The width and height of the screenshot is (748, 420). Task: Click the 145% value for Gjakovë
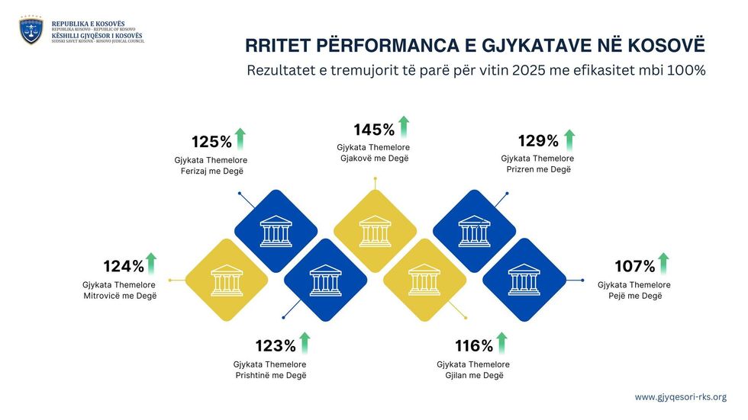pyautogui.click(x=374, y=130)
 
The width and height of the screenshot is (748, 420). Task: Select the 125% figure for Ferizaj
pyautogui.click(x=211, y=142)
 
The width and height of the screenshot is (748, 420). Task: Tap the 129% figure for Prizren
pyautogui.click(x=538, y=141)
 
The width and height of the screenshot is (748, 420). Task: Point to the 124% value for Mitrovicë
pyautogui.click(x=124, y=267)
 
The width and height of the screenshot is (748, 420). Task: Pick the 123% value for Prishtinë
pyautogui.click(x=276, y=345)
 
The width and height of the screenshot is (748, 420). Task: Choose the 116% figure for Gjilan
pyautogui.click(x=474, y=345)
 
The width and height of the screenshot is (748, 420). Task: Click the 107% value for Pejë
pyautogui.click(x=635, y=267)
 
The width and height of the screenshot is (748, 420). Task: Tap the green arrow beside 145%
pyautogui.click(x=404, y=126)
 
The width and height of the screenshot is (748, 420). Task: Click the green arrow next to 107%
pyautogui.click(x=663, y=263)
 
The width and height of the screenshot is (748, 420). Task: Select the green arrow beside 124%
pyautogui.click(x=151, y=263)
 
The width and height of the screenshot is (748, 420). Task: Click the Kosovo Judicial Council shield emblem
pyautogui.click(x=31, y=31)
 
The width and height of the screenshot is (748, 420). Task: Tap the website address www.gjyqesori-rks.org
pyautogui.click(x=680, y=397)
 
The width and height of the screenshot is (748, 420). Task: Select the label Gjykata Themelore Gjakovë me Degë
pyautogui.click(x=374, y=152)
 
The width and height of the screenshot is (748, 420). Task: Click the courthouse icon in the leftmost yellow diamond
pyautogui.click(x=227, y=280)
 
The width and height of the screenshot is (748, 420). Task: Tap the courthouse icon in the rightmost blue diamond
pyautogui.click(x=524, y=280)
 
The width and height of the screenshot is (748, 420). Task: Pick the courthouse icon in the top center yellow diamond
pyautogui.click(x=375, y=231)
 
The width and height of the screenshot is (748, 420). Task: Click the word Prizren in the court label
pyautogui.click(x=521, y=169)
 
